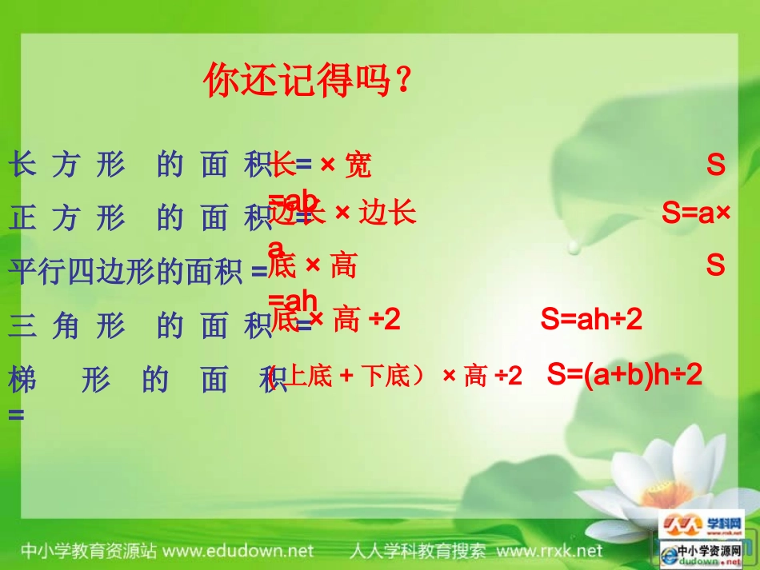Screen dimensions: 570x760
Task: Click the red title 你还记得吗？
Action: click(308, 81)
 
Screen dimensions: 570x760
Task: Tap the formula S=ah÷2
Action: click(591, 321)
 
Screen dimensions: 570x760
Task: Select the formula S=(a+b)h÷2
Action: click(625, 374)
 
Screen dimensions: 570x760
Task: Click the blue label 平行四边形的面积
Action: click(128, 271)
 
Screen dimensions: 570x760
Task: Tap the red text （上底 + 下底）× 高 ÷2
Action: click(397, 375)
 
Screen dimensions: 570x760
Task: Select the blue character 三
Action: click(22, 326)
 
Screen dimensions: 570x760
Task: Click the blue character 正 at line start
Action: click(22, 217)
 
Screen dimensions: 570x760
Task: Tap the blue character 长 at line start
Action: click(22, 165)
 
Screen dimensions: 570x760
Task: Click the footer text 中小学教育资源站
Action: click(88, 551)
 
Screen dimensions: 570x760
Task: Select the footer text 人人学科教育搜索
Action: click(417, 551)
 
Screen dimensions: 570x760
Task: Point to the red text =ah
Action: click(293, 301)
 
